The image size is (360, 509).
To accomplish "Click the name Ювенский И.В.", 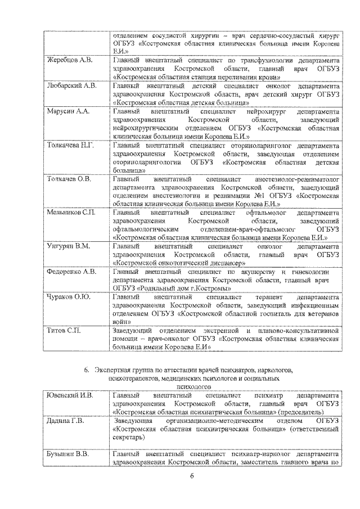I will [71, 397].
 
